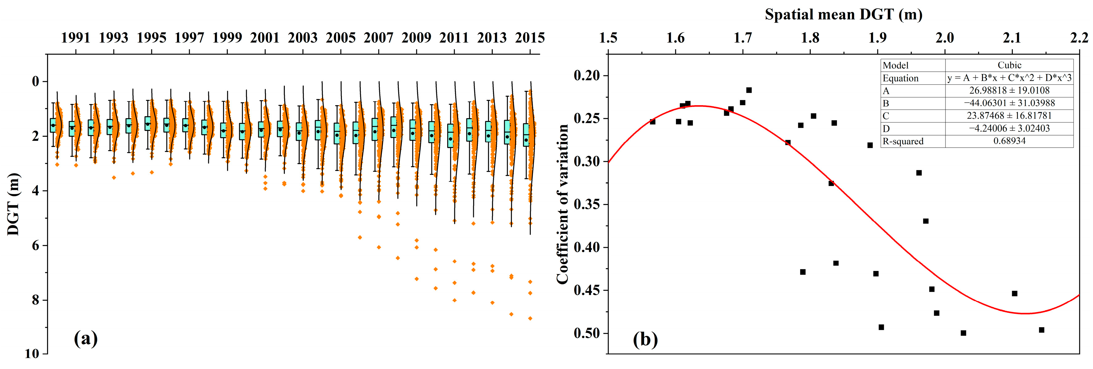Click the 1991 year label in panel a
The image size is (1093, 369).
tap(76, 38)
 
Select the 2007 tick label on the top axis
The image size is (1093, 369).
tap(378, 38)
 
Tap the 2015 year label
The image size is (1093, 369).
tap(530, 38)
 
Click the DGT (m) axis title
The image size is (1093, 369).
tap(14, 204)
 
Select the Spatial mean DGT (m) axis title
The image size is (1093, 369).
tap(844, 15)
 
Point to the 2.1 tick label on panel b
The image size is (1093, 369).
tap(1012, 38)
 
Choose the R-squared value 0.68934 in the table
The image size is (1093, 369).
tap(1009, 141)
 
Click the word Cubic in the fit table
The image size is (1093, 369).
tap(1009, 65)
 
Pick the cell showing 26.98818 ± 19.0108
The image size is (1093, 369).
tap(1009, 91)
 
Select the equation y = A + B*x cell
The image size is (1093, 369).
tap(1009, 78)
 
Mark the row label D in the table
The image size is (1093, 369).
tap(886, 128)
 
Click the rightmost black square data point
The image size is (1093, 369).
tap(1041, 330)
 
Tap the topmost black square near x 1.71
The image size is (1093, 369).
tap(749, 90)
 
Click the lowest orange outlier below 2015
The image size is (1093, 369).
tap(530, 318)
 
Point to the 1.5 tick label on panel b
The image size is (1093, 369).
tap(608, 38)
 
